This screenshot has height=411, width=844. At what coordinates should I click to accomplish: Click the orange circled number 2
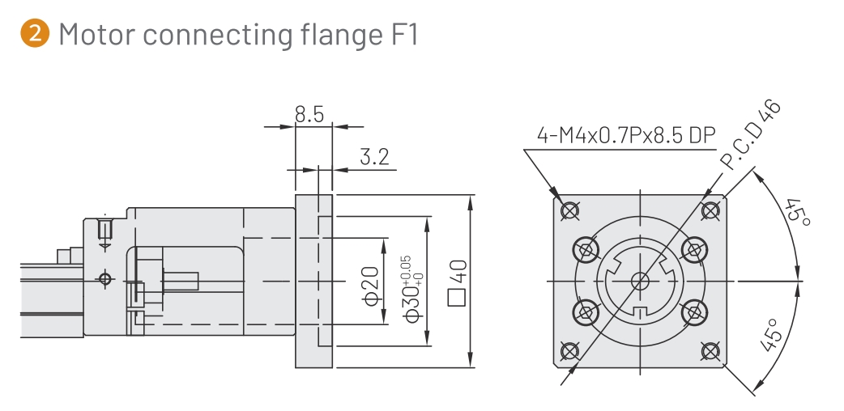pyautogui.click(x=35, y=34)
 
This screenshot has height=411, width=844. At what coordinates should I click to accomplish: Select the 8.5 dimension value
pyautogui.click(x=309, y=115)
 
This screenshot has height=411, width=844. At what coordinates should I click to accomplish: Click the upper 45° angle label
pyautogui.click(x=797, y=215)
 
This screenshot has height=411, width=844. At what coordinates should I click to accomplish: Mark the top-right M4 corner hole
pyautogui.click(x=710, y=210)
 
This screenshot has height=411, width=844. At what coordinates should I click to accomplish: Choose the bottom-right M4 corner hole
pyautogui.click(x=710, y=350)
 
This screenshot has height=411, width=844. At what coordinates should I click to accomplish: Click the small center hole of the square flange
pyautogui.click(x=641, y=281)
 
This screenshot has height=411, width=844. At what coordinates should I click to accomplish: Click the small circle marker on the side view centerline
pyautogui.click(x=104, y=280)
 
